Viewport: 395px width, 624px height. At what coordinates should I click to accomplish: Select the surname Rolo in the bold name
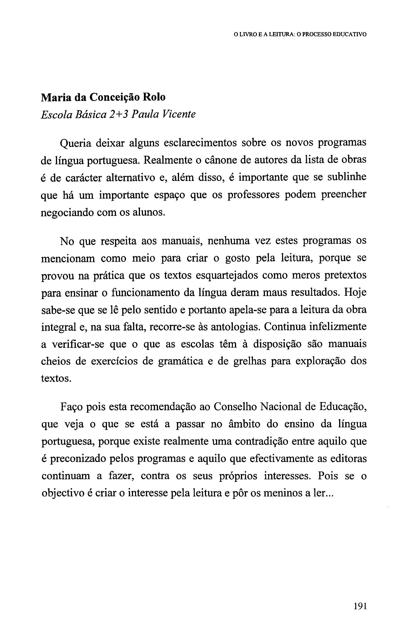154,97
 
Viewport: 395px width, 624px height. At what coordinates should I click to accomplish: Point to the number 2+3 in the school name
119,114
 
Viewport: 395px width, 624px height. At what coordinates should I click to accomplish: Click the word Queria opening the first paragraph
75,143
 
